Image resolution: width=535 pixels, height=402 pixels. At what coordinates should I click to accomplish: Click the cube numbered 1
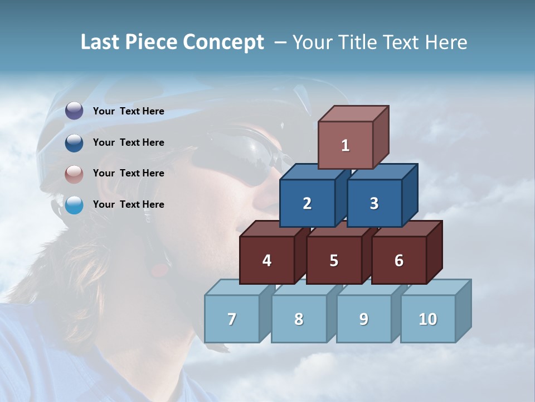click(x=346, y=145)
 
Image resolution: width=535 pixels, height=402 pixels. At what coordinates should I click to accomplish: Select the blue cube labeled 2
click(x=307, y=203)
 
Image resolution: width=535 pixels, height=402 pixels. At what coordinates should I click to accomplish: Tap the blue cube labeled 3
click(x=374, y=203)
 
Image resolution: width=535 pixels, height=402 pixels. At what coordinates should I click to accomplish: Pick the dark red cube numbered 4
click(x=267, y=260)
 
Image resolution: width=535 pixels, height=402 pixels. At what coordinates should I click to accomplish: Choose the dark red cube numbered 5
click(x=334, y=260)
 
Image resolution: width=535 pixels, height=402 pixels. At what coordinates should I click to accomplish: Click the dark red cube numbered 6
click(x=399, y=260)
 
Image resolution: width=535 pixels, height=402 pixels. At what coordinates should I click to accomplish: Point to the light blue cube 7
click(x=232, y=319)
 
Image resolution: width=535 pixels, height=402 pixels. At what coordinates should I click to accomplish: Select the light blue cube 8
click(x=299, y=319)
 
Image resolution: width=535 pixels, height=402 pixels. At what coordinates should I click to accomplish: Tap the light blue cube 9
click(x=363, y=319)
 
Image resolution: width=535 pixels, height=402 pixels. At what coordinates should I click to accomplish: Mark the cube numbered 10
click(x=427, y=319)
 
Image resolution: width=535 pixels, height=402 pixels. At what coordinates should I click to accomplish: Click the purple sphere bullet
click(x=74, y=111)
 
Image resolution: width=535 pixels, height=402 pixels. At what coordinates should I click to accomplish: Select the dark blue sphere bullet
click(x=74, y=142)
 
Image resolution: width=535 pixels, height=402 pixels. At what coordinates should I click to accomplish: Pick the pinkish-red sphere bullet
click(x=74, y=174)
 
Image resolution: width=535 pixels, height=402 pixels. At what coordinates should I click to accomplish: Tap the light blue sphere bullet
click(x=74, y=205)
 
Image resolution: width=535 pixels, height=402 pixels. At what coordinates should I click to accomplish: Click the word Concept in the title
click(x=223, y=42)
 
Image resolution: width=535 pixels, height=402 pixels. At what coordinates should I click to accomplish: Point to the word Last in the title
click(x=101, y=42)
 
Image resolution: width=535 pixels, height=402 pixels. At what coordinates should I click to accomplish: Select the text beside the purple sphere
click(x=129, y=111)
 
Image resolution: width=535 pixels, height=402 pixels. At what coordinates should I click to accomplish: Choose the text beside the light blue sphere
click(x=129, y=204)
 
